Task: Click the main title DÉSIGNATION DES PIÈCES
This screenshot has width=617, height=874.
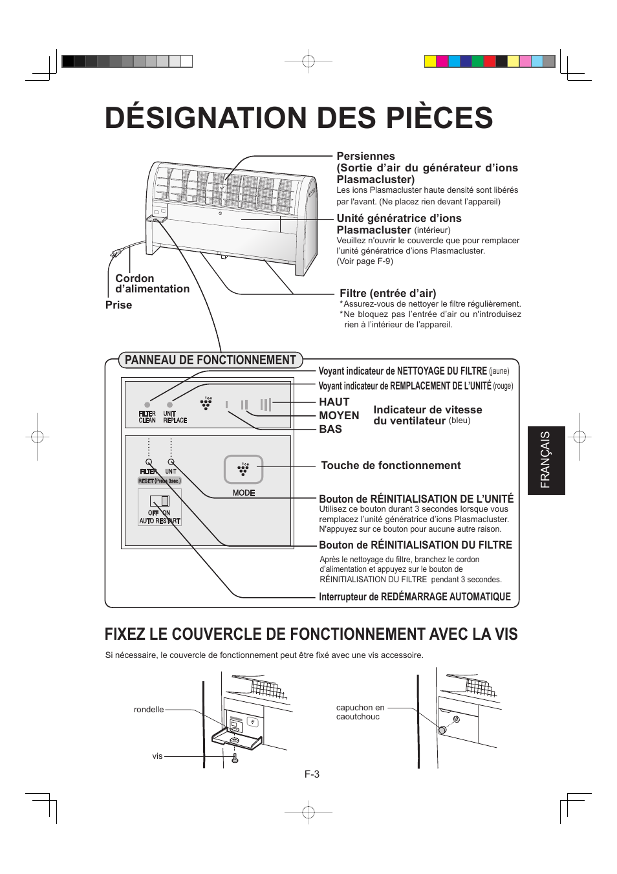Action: point(299,118)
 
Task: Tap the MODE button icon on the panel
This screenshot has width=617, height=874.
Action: point(243,470)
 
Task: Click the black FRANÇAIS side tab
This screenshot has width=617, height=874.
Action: point(546,460)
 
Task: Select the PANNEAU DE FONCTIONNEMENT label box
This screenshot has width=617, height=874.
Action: point(210,360)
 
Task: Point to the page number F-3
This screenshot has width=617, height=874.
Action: point(312,774)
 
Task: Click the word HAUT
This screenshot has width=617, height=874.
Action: point(334,402)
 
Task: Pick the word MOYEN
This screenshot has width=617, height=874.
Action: point(339,415)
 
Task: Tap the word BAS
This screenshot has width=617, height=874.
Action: point(330,429)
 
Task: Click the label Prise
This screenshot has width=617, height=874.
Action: point(118,305)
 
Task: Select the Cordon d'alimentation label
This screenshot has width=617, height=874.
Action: point(152,283)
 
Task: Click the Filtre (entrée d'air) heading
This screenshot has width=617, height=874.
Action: point(387,293)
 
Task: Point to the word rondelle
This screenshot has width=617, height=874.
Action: point(149,710)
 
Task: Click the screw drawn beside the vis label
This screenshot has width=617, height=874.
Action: point(235,758)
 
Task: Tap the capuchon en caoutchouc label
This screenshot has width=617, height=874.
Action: point(360,712)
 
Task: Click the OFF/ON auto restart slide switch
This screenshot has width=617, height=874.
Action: point(160,501)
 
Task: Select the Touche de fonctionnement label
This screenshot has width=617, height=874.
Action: point(391,465)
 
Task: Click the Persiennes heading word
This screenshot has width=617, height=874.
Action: point(365,156)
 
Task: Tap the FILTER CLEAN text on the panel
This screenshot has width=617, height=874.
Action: point(147,417)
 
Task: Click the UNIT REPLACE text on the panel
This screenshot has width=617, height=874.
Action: point(175,417)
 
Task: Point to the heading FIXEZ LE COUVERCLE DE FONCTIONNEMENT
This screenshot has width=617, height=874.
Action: point(311,634)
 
